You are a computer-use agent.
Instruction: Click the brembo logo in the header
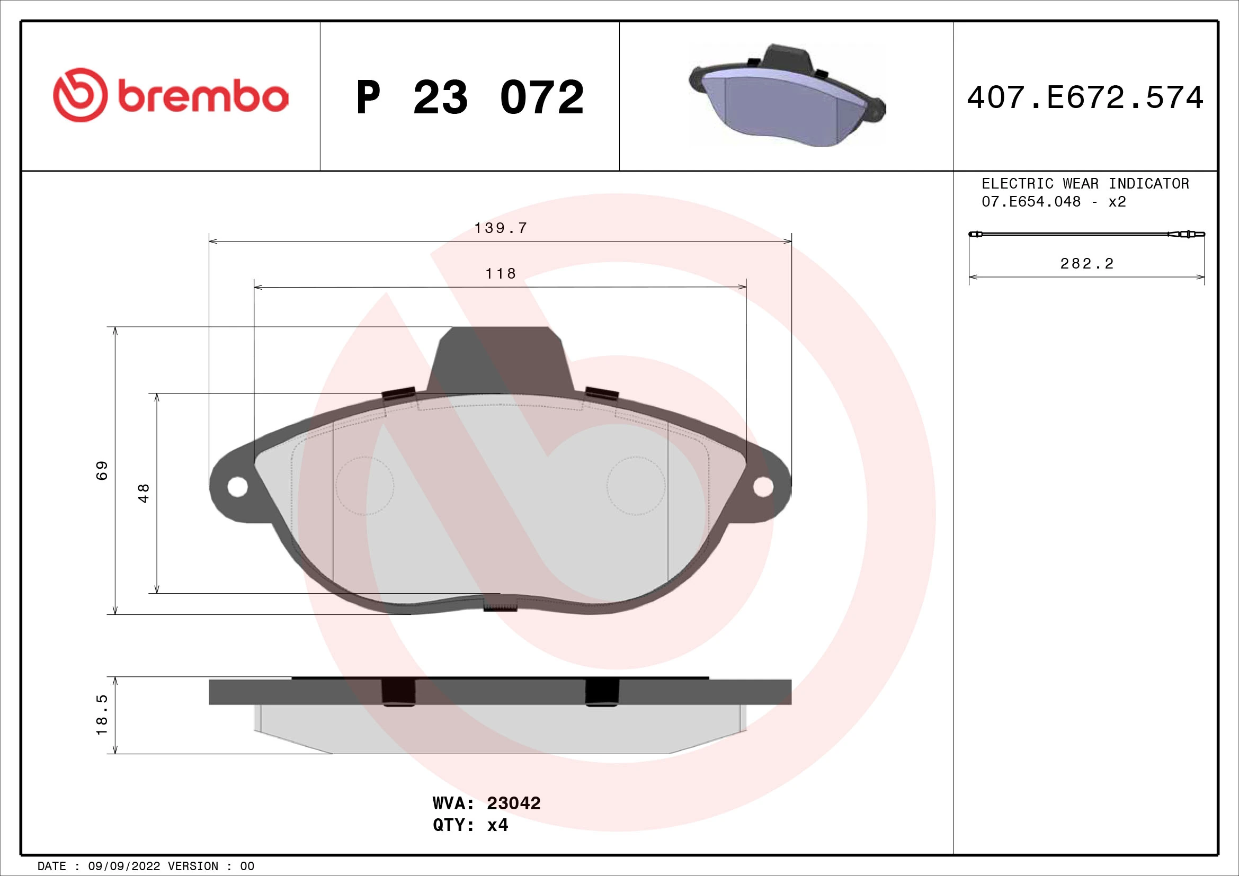point(171,95)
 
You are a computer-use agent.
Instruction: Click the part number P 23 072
point(470,97)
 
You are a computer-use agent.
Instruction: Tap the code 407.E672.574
point(1085,97)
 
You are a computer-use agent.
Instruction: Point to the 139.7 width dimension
point(500,228)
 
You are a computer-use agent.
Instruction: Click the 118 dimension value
point(500,273)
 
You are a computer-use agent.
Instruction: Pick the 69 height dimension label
point(102,470)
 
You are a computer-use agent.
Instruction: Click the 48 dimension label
point(144,493)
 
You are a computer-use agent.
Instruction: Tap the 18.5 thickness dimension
point(102,714)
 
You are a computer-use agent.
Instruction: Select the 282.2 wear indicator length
point(1087,264)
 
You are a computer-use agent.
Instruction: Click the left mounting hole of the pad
point(237,487)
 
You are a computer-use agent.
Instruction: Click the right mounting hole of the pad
point(762,487)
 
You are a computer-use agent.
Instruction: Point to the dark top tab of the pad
point(500,359)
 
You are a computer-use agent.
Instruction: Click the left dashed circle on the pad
point(365,486)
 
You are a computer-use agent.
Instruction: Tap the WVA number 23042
point(513,803)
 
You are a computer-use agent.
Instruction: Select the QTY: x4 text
point(470,825)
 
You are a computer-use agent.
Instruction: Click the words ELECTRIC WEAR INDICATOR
point(1085,183)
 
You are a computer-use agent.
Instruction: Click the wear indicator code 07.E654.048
point(1031,202)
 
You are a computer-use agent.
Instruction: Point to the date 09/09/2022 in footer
point(123,866)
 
